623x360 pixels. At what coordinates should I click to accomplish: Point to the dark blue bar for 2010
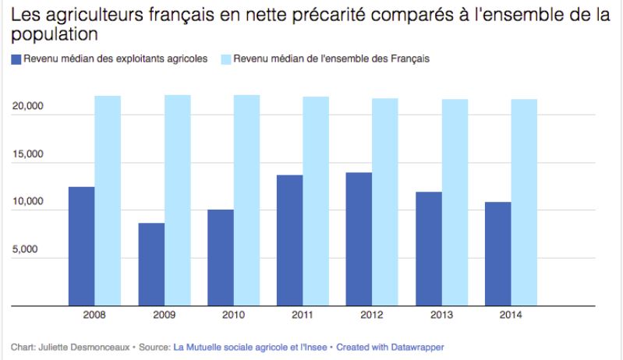click(x=221, y=258)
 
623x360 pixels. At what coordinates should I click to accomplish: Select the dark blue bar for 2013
click(x=429, y=249)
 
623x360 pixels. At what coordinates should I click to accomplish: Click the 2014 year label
click(x=511, y=315)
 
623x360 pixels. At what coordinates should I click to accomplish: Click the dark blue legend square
click(x=16, y=59)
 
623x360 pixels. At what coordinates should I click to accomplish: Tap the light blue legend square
click(x=225, y=59)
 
